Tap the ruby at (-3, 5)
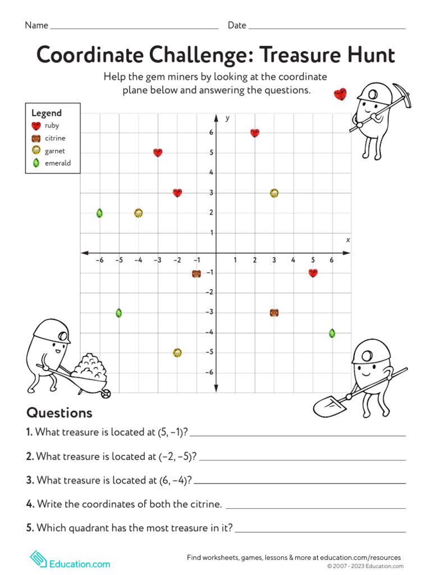(x=158, y=153)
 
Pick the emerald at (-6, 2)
(x=99, y=213)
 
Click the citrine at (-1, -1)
(x=196, y=273)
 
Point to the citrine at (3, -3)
(x=274, y=313)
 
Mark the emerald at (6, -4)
(x=332, y=333)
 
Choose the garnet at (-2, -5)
(x=177, y=353)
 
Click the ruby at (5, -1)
(x=313, y=273)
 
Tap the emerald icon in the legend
(x=36, y=163)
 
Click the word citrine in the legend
(x=55, y=138)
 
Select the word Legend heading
(x=47, y=113)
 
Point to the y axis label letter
(x=227, y=118)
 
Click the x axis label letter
(x=348, y=240)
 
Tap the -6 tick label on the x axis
(x=99, y=260)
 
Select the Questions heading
(x=59, y=413)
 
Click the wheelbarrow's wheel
(x=106, y=394)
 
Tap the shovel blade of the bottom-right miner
(x=326, y=405)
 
